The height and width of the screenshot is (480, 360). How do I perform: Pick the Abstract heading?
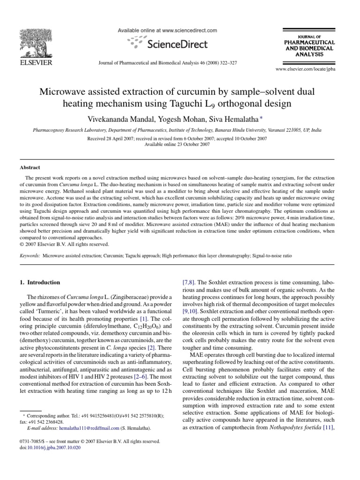[x=30, y=167]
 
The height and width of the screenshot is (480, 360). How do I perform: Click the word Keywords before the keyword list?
[x=30, y=256]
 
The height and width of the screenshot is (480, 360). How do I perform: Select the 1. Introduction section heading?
[x=39, y=283]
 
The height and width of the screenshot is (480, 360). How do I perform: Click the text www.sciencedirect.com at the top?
[x=191, y=30]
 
